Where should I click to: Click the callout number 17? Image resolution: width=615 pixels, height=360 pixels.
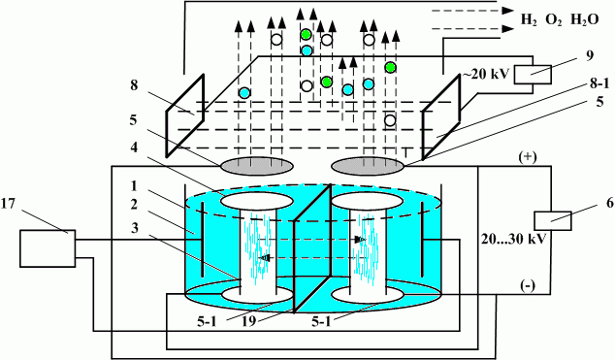tap(8, 204)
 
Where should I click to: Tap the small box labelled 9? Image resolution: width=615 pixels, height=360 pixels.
tap(533, 75)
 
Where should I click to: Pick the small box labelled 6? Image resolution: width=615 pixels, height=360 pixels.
tap(553, 220)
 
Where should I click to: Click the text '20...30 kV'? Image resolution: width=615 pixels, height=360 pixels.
tap(513, 239)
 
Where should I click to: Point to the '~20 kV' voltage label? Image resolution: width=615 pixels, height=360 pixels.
tap(486, 74)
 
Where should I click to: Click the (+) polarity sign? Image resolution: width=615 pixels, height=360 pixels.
tap(528, 157)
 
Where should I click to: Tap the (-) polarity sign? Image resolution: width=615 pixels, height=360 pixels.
tap(528, 286)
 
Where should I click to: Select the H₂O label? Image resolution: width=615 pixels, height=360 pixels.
tap(584, 19)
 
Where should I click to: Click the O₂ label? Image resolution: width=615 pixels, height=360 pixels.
tap(554, 20)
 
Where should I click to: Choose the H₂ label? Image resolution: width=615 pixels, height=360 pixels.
tap(529, 20)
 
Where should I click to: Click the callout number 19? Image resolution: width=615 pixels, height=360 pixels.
tap(248, 321)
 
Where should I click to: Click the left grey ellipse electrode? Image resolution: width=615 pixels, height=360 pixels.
tap(256, 166)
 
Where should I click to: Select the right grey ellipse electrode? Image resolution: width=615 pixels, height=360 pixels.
tap(368, 166)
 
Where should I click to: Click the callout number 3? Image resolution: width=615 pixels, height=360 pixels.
tap(135, 228)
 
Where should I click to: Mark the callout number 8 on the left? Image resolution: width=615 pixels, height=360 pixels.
tap(134, 85)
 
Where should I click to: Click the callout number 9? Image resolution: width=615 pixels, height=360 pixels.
tap(590, 56)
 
